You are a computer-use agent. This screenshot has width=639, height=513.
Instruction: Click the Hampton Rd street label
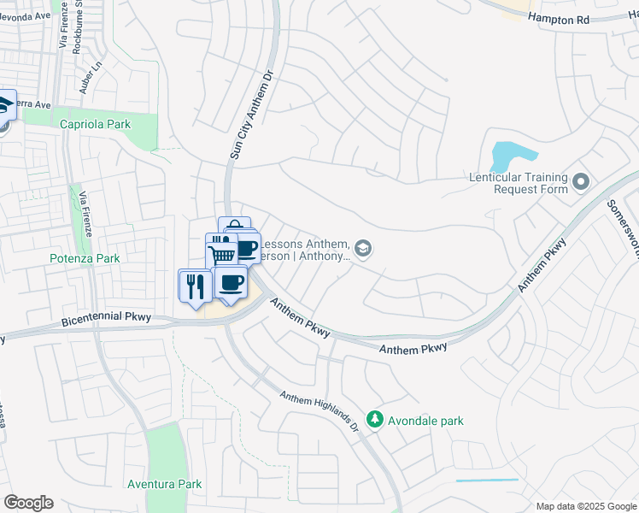pyautogui.click(x=559, y=17)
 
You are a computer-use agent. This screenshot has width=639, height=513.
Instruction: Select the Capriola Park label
pyautogui.click(x=96, y=124)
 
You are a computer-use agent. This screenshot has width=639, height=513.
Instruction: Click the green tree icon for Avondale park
pyautogui.click(x=374, y=420)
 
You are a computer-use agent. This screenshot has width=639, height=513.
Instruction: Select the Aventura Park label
pyautogui.click(x=164, y=484)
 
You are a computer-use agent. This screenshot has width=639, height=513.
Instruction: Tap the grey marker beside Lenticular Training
pyautogui.click(x=582, y=182)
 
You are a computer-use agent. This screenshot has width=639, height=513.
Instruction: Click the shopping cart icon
pyautogui.click(x=222, y=254)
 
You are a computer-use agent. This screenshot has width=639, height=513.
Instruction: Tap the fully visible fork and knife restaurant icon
pyautogui.click(x=193, y=285)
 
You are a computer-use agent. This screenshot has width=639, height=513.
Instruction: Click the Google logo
pyautogui.click(x=28, y=503)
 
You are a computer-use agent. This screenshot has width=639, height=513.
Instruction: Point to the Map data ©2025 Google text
pyautogui.click(x=585, y=506)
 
